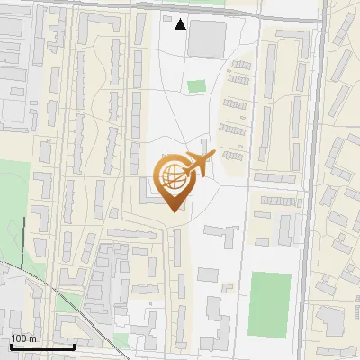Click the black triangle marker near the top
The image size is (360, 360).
pyautogui.click(x=181, y=24)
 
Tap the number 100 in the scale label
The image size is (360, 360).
pyautogui.click(x=20, y=338)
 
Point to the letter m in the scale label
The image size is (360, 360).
pyautogui.click(x=32, y=338)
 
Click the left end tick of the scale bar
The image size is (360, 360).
pyautogui.click(x=11, y=345)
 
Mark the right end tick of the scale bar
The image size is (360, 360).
pyautogui.click(x=74, y=345)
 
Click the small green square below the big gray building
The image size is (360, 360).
pyautogui.click(x=196, y=86)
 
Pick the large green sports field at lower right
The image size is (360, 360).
pyautogui.click(x=270, y=303)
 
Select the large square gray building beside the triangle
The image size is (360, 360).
pyautogui.click(x=207, y=37)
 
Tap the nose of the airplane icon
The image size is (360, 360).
pyautogui.click(x=213, y=156)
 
